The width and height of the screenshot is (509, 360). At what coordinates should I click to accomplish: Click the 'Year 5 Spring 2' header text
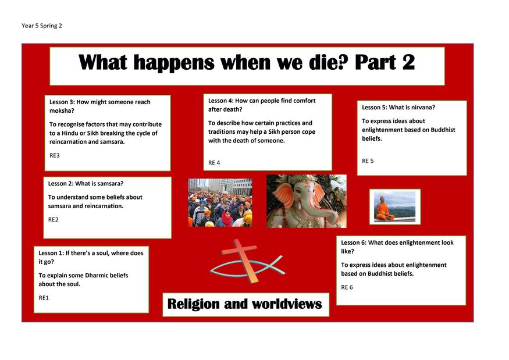coord(41,26)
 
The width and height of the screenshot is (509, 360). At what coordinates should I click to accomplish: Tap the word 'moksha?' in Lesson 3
coord(62,111)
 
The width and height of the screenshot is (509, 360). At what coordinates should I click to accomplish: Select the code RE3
coord(55,155)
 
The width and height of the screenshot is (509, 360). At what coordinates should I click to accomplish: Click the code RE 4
coord(214,163)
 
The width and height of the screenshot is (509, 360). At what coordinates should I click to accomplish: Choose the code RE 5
coord(368,161)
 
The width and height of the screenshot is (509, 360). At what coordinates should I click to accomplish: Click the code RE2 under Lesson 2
coord(54,219)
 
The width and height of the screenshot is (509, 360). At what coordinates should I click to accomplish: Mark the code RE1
coord(44,298)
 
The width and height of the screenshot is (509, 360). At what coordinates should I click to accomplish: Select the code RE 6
coord(347,287)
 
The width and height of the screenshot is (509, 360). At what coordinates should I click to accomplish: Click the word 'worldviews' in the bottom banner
coord(287,304)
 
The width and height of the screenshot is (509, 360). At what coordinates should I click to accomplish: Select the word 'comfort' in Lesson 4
coord(303,101)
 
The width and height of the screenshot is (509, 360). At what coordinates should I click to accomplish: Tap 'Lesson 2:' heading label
coord(60,183)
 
